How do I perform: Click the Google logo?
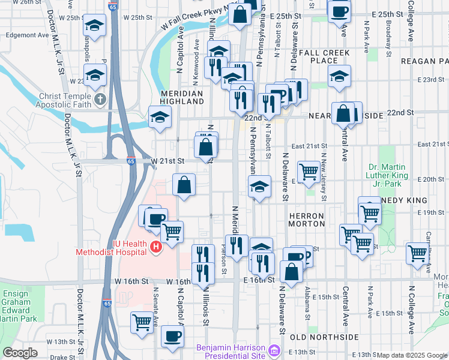point(20,353)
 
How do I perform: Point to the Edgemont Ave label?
point(27,35)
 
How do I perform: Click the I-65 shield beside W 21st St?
point(131,161)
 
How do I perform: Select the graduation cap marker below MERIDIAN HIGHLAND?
point(160,118)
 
